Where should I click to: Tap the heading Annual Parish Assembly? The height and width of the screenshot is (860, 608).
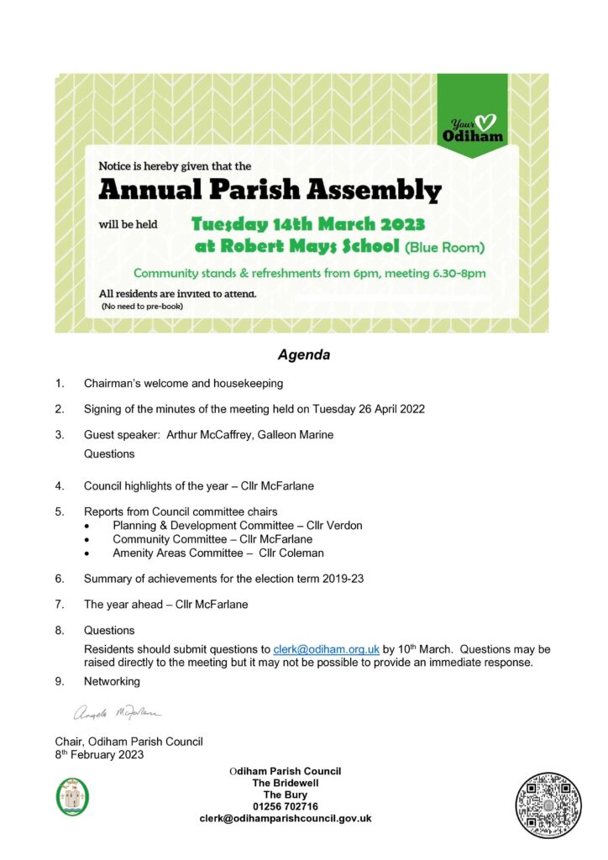click(270, 191)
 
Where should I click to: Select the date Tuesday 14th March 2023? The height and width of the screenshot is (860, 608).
click(307, 224)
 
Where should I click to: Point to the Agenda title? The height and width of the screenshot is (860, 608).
click(304, 355)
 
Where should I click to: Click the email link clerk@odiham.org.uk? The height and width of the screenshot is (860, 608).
click(327, 649)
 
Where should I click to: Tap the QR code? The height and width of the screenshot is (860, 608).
click(548, 805)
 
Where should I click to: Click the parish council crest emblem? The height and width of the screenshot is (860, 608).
click(72, 795)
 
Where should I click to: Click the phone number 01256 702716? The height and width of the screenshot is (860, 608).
click(285, 806)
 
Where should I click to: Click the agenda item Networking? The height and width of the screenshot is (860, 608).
click(112, 682)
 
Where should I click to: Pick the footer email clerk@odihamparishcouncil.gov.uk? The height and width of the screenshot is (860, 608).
click(285, 818)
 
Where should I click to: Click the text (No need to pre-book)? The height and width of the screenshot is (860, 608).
click(142, 307)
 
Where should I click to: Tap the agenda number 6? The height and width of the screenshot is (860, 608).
click(60, 579)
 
